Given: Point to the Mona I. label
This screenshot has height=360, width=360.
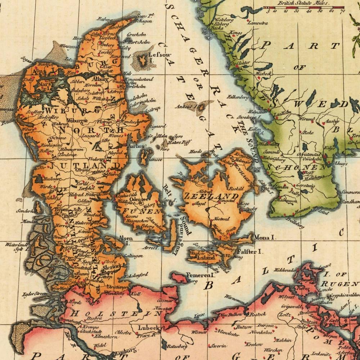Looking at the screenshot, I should pyautogui.click(x=265, y=238).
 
